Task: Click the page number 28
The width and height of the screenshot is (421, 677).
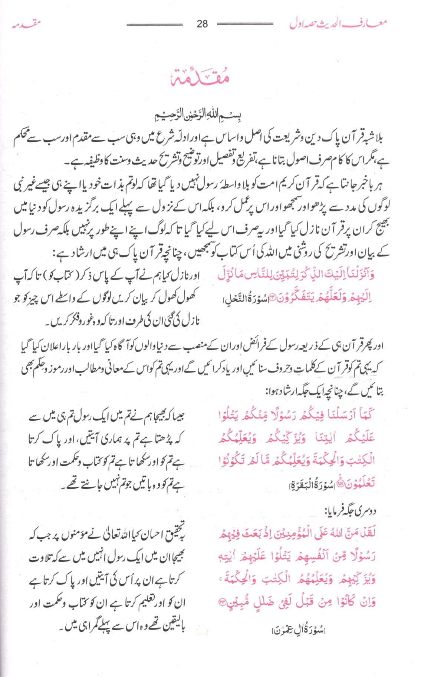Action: [203, 24]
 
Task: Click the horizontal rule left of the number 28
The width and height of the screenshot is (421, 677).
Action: [155, 25]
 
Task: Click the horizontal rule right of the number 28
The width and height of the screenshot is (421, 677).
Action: [245, 25]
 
